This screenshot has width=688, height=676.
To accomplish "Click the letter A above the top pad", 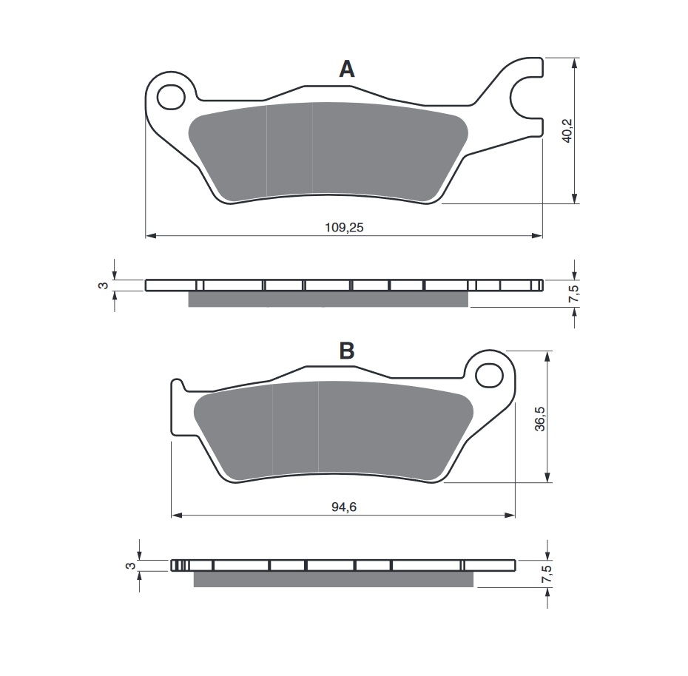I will coord(346,70).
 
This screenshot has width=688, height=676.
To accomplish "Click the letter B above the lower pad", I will coord(346,351).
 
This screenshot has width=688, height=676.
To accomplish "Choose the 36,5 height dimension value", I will coord(541,419).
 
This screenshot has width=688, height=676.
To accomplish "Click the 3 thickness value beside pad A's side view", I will coord(104,285).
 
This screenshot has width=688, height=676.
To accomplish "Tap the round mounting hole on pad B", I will coord(488,375).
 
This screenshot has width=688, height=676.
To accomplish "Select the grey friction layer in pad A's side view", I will coord(328,299).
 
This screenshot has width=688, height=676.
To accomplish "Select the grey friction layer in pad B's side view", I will coord(333,579).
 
